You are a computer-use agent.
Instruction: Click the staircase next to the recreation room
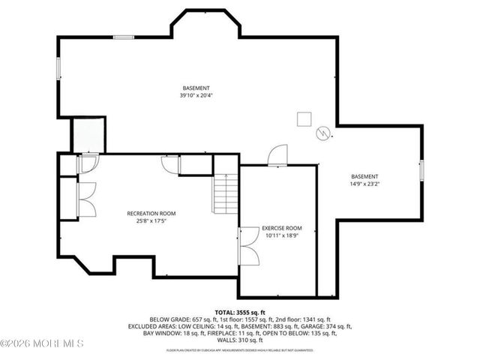pos(225,193)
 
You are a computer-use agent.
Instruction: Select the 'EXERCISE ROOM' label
pos(281,228)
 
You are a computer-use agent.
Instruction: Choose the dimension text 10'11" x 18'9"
pos(281,235)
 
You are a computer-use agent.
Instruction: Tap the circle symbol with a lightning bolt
pos(324,133)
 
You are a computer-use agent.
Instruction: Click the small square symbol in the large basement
pos(304,119)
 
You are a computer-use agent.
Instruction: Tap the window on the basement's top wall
pos(123,37)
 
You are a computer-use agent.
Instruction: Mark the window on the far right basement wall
pos(421,170)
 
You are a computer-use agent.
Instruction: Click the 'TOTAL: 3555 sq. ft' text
pos(240,311)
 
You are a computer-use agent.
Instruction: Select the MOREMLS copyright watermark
pos(43,343)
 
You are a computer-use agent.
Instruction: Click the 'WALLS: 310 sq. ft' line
pos(240,341)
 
